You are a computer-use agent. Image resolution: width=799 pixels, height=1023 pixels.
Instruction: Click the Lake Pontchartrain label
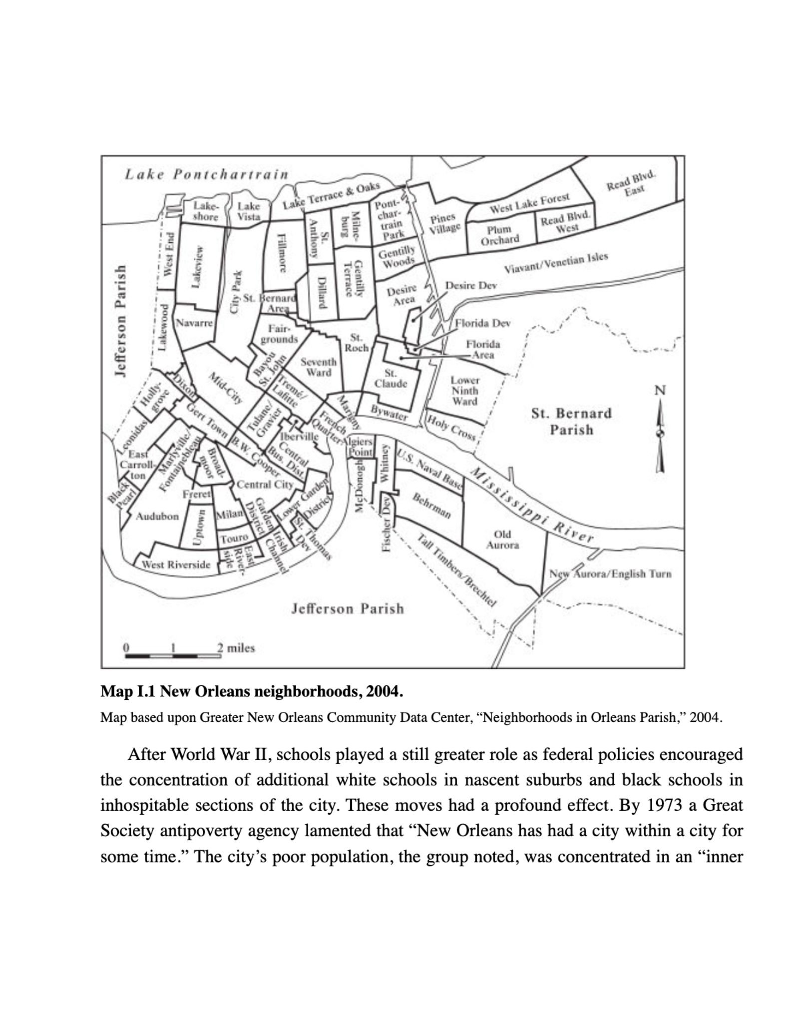point(207,174)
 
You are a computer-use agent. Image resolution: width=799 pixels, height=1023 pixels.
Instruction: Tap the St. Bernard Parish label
point(571,421)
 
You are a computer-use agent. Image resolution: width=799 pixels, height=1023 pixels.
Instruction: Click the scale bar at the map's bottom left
point(173,654)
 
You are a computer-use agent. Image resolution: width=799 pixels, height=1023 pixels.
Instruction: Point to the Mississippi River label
point(532,506)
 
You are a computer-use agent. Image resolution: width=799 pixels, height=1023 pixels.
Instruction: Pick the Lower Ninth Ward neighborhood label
point(465,391)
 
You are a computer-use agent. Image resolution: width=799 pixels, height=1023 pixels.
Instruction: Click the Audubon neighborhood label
point(157,516)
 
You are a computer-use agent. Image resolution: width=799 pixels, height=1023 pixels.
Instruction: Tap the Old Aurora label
point(502,540)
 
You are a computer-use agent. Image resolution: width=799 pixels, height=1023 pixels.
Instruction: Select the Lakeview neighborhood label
point(197,266)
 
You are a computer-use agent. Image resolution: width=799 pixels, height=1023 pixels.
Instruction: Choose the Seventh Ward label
point(319,367)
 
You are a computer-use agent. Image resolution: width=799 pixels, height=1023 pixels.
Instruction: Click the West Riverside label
point(176,565)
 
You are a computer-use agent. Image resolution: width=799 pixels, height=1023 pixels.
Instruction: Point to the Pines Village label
point(444,223)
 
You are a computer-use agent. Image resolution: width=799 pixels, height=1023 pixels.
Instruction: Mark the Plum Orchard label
point(499,235)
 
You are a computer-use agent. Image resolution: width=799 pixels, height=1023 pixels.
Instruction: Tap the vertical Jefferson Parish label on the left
point(120,320)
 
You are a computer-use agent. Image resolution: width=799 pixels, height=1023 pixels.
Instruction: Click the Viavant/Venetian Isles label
point(556,263)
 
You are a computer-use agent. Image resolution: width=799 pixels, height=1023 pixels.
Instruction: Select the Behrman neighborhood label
point(432,506)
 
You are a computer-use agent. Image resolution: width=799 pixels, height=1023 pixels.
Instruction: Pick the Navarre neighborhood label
point(194,323)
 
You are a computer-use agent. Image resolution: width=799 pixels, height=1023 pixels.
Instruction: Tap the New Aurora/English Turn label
point(610,573)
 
